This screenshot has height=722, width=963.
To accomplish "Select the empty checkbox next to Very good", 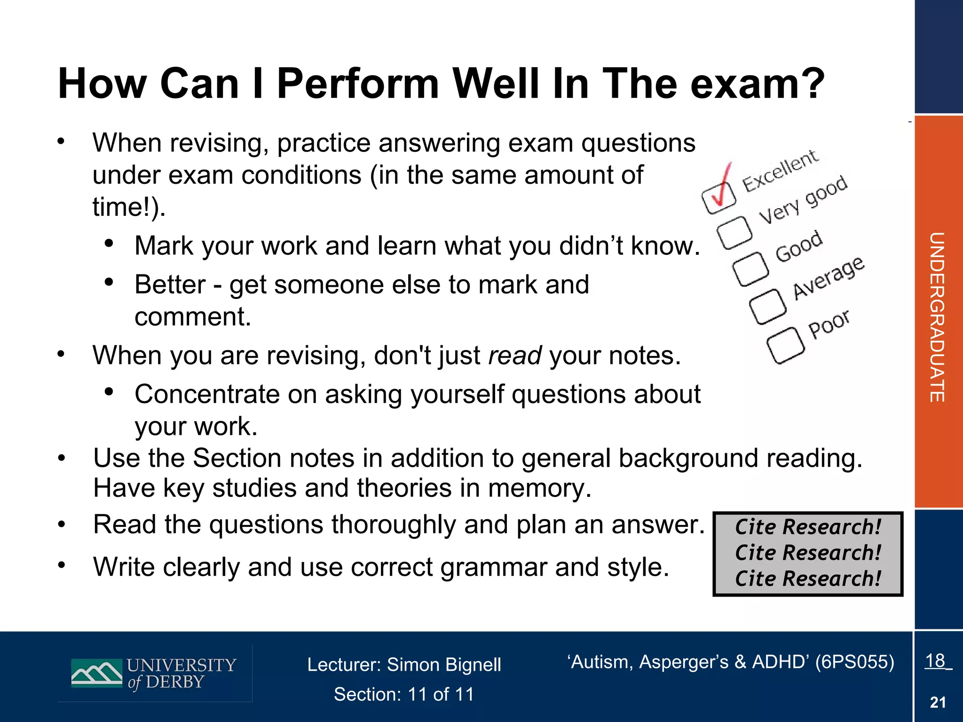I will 734,232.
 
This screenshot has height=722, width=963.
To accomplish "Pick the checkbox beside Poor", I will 785,345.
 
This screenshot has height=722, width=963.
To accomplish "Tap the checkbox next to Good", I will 750,269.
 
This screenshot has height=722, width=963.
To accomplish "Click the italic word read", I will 515,355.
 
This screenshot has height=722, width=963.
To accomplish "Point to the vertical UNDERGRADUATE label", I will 937,317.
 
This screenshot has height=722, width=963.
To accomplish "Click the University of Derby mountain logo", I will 96,673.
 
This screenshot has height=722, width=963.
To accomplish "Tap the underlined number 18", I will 935,661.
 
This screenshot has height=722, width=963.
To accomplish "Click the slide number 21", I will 938,702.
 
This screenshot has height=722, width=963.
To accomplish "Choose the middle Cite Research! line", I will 808,553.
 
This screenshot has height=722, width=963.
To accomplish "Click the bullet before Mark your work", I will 109,243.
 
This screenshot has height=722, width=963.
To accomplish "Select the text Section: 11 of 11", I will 404,694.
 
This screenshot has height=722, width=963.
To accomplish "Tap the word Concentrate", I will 207,394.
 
